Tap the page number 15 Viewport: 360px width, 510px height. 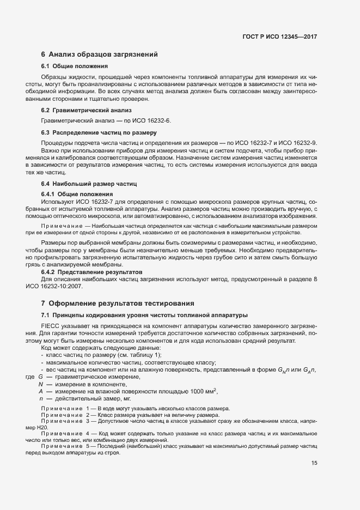click(x=314, y=463)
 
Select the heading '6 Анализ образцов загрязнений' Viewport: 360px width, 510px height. click(x=99, y=54)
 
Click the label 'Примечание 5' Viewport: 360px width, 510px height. click(x=63, y=446)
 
